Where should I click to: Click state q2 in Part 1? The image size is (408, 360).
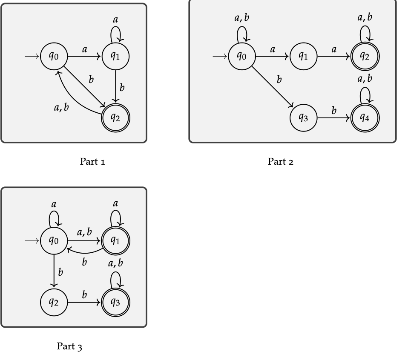pos(115,117)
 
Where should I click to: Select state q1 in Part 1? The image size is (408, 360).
pos(115,56)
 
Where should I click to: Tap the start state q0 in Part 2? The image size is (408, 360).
pos(241,56)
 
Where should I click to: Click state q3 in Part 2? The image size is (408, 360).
pos(303,117)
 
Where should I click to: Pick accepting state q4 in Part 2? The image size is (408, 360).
pos(365,117)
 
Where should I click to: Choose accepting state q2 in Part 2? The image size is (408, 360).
pos(365,56)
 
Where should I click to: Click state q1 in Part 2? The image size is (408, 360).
pos(303,56)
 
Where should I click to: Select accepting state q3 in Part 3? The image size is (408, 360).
pos(115,302)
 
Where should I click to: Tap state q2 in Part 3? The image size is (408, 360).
pos(54,302)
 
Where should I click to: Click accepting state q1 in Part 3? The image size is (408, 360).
pos(115,241)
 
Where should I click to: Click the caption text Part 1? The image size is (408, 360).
pos(92,162)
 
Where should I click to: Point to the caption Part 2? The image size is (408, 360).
pos(281,162)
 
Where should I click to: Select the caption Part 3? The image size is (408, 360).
pos(69,346)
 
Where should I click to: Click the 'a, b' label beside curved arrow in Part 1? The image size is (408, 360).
pos(61,108)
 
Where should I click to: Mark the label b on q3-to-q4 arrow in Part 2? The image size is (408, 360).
pos(334,110)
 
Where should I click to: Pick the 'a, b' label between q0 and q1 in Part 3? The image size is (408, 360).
pos(84,232)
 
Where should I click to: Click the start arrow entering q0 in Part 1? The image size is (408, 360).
pos(32,56)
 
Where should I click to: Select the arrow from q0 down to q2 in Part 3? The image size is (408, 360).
pos(54,271)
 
